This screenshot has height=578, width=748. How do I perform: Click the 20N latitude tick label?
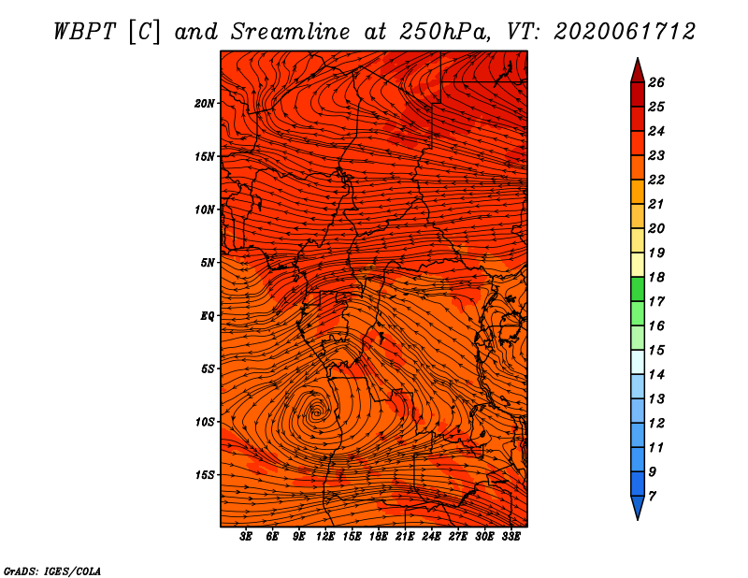204,104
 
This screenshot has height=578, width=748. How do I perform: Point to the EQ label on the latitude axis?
207,316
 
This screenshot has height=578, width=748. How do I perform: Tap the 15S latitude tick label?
204,475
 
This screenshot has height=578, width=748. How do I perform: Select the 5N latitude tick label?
207,263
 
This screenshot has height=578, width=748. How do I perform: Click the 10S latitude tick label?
204,422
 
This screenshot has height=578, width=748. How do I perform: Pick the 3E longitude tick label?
246,537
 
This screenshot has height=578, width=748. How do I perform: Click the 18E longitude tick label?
379,537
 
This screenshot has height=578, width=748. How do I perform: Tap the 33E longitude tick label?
511,537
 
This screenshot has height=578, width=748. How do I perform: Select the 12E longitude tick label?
325,537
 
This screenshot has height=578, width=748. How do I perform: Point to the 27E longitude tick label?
458,537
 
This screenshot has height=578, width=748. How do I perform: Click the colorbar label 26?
656,82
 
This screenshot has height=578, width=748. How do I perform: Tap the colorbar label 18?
656,277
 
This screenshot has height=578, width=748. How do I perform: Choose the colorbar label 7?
652,497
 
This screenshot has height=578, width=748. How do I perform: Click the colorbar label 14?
656,375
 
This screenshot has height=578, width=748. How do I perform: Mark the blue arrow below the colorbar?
638,507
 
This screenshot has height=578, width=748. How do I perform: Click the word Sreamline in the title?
291,32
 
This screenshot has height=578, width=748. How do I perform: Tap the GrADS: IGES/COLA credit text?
52,571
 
